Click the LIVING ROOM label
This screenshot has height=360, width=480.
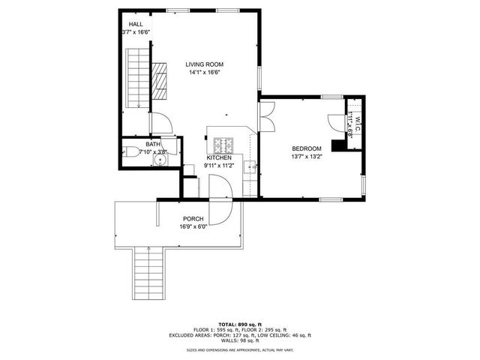click(x=205, y=64)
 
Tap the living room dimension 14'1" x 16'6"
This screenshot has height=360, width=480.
click(x=205, y=73)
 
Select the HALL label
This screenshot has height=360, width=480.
click(x=136, y=24)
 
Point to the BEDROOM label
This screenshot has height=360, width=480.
click(x=307, y=148)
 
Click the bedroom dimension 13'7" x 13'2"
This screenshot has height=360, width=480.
click(x=307, y=157)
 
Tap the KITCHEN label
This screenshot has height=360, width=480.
click(x=219, y=157)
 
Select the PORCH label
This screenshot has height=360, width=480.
click(x=193, y=218)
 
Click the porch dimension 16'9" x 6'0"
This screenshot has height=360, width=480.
click(x=193, y=226)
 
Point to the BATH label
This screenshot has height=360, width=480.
click(x=153, y=144)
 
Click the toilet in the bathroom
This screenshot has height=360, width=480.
click(x=132, y=152)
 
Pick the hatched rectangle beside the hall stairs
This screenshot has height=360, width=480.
click(x=159, y=82)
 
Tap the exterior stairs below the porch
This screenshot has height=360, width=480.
click(x=150, y=274)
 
